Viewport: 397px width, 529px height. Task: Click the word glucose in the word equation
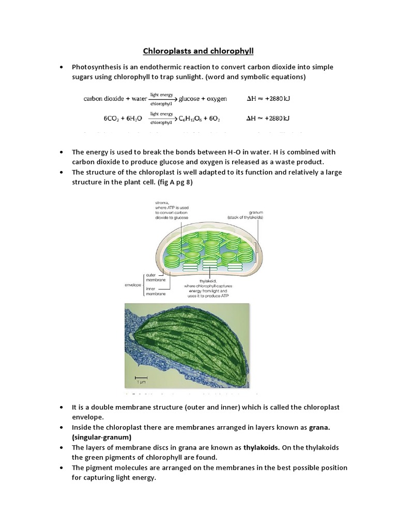pyautogui.click(x=190, y=98)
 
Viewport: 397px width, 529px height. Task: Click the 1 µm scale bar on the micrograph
pyautogui.click(x=141, y=378)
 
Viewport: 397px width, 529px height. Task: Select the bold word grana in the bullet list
pyautogui.click(x=320, y=428)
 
